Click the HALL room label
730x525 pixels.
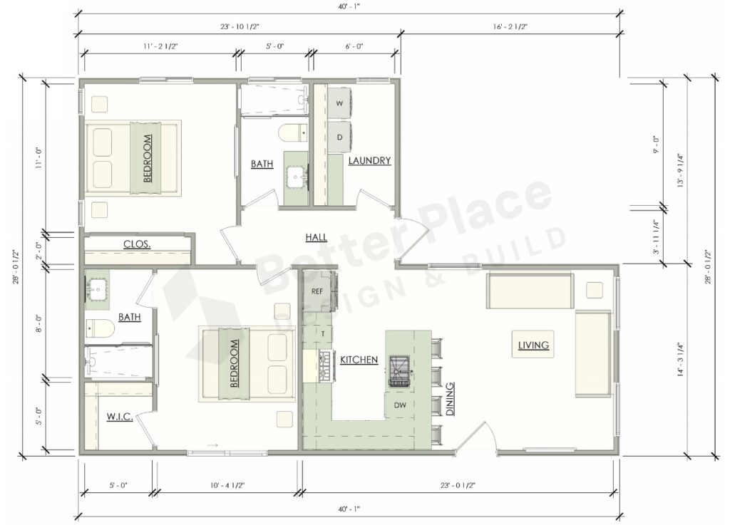(317, 236)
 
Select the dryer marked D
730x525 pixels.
(339, 137)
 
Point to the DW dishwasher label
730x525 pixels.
(399, 405)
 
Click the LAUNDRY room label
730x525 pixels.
(369, 161)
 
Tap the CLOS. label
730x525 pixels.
(137, 244)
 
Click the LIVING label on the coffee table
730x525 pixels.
(533, 345)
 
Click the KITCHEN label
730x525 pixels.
(359, 360)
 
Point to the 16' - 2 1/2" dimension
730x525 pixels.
(509, 26)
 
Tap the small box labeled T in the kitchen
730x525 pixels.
(322, 333)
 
